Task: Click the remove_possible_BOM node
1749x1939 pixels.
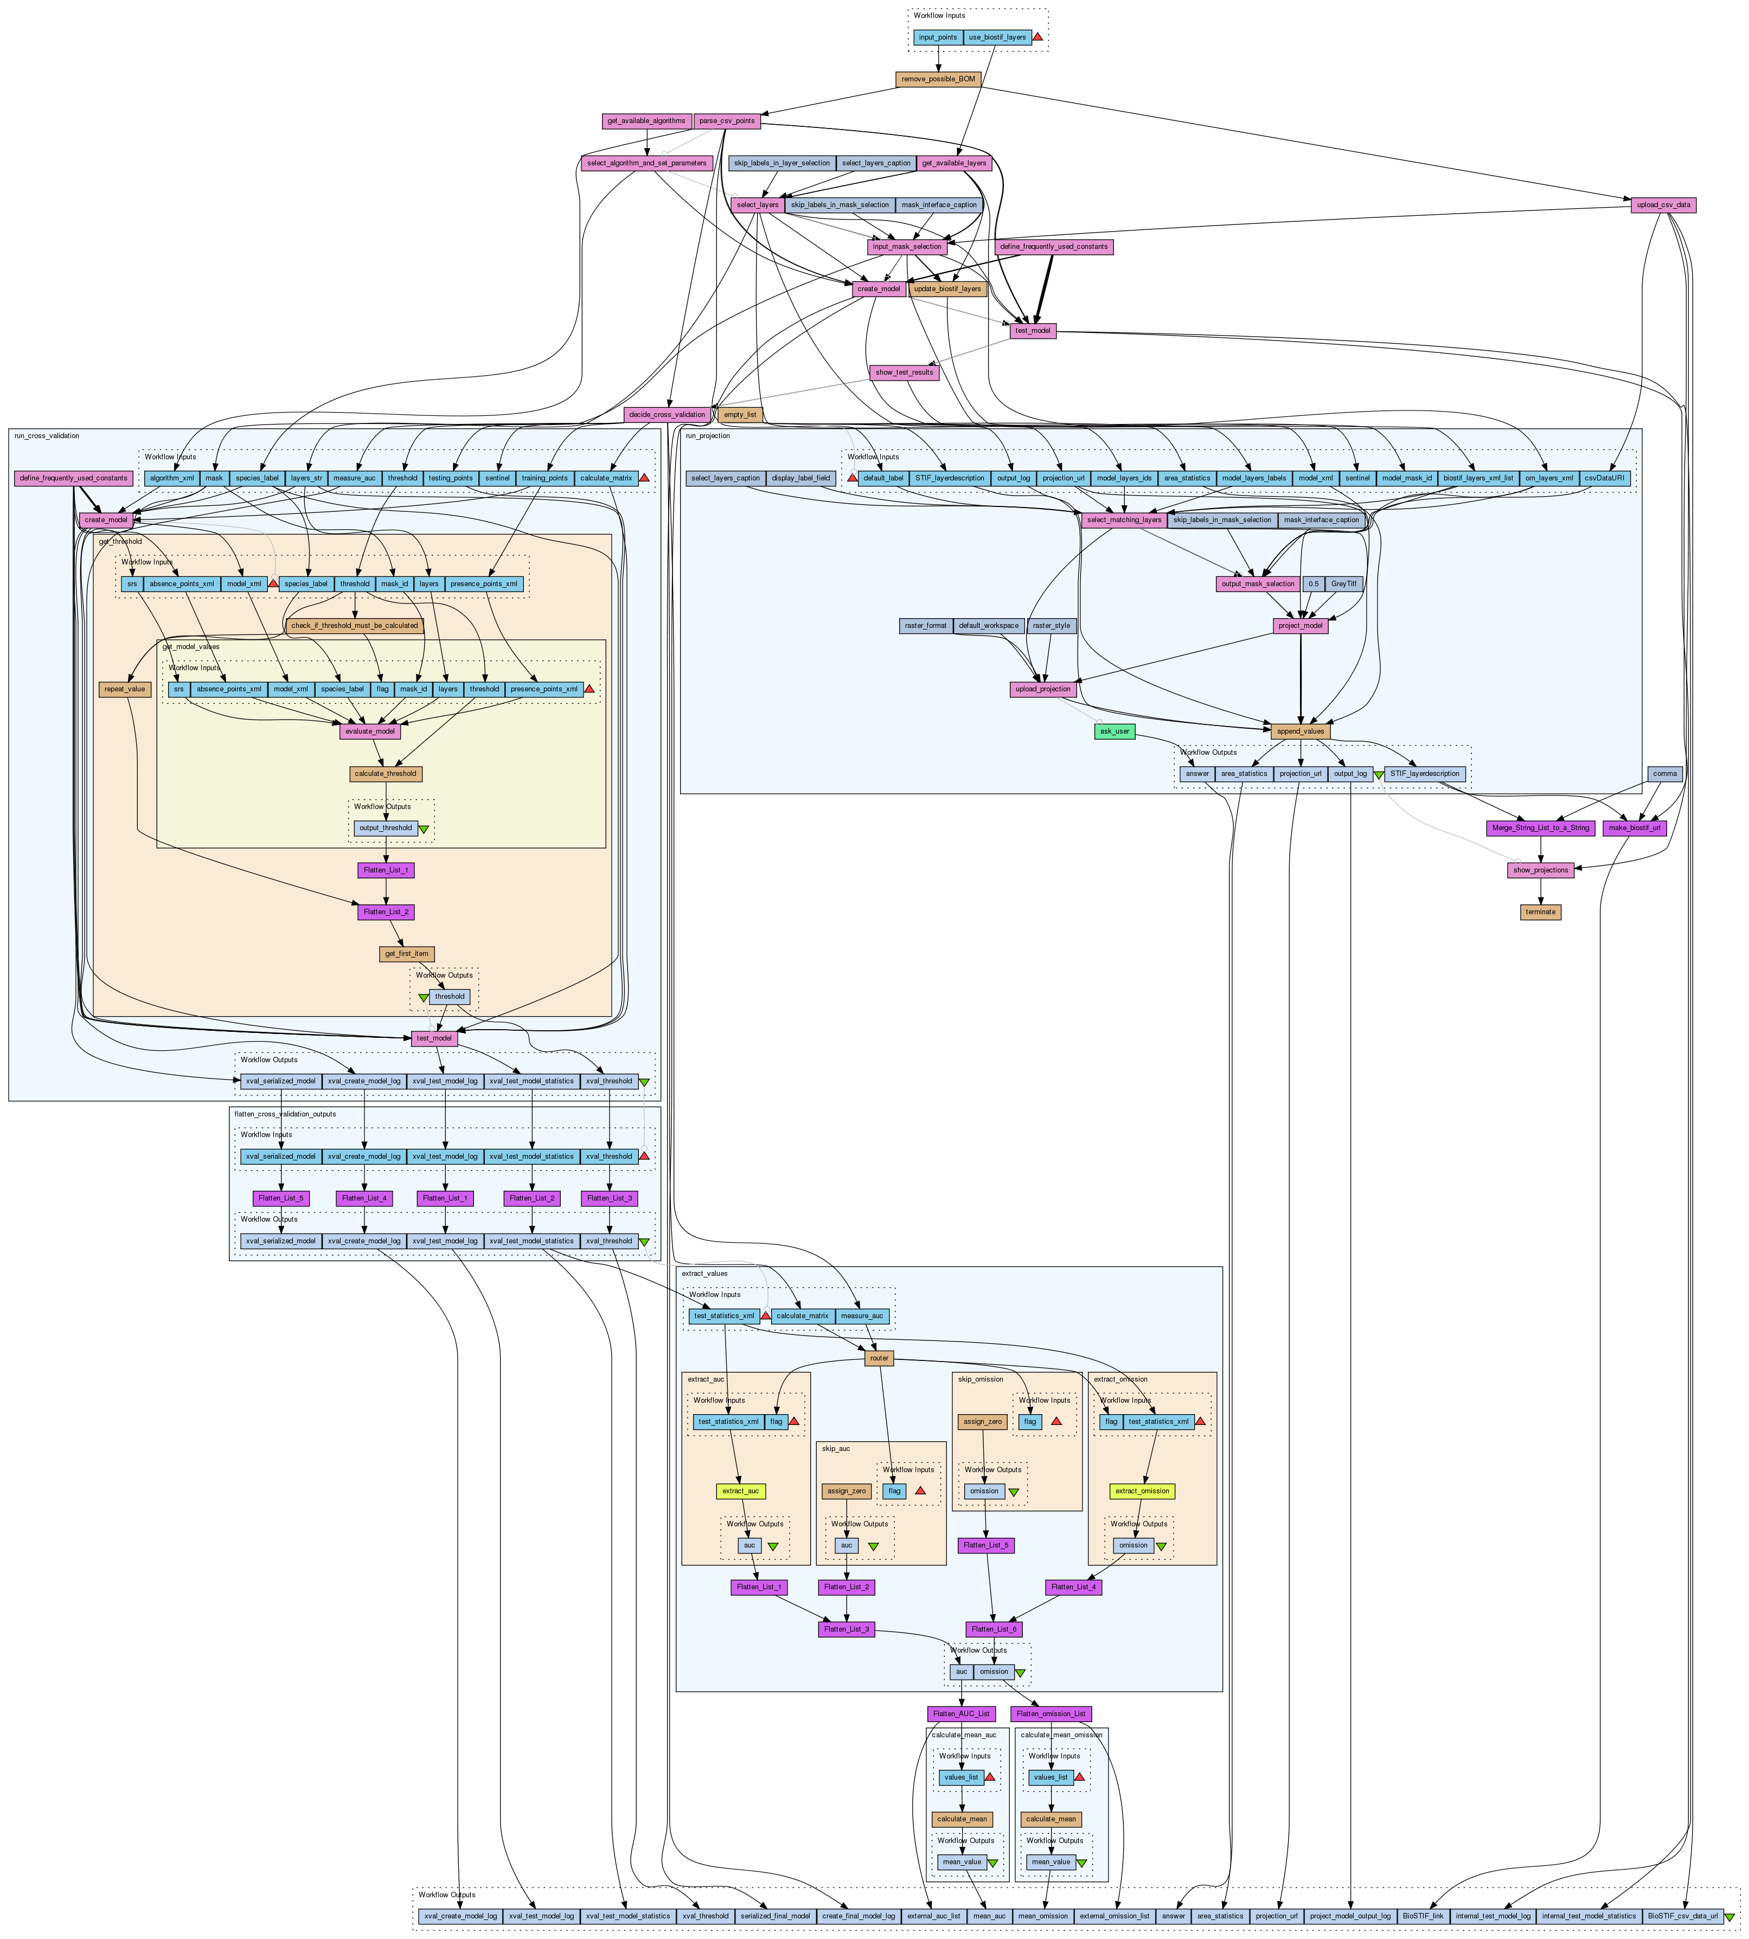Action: pyautogui.click(x=937, y=79)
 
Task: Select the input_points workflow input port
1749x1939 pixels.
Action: pyautogui.click(x=937, y=37)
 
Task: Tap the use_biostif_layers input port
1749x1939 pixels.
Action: pyautogui.click(x=997, y=37)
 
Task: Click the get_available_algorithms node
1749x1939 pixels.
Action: pyautogui.click(x=646, y=121)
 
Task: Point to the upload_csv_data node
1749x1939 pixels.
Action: pyautogui.click(x=1663, y=204)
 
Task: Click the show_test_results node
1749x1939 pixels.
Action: pyautogui.click(x=904, y=372)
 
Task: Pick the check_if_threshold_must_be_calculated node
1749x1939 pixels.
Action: pyautogui.click(x=355, y=626)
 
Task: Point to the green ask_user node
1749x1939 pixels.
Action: pyautogui.click(x=1114, y=731)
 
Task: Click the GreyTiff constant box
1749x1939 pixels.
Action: pyautogui.click(x=1343, y=583)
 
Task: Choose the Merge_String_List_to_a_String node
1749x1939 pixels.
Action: pyautogui.click(x=1540, y=829)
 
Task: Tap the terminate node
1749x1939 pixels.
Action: pyautogui.click(x=1540, y=912)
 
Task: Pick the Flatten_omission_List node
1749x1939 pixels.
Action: pyautogui.click(x=1052, y=1713)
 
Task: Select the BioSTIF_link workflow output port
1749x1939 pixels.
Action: pyautogui.click(x=1423, y=1916)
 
